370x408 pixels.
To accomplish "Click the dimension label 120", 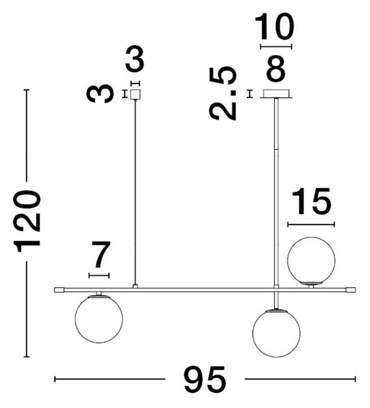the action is pos(27,222).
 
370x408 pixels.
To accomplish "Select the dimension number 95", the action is pos(205,379).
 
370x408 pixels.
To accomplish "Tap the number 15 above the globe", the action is pos(312,201).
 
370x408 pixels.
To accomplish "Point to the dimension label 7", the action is pos(101,254).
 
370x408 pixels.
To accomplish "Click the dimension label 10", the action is pos(274,27).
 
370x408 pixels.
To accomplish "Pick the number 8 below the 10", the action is pos(276,69).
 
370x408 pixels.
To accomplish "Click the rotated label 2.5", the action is pos(223,93).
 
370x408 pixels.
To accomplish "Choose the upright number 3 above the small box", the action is pos(135,59).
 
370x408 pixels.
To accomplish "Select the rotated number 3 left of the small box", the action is pos(100,93).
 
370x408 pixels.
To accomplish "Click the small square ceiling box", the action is pos(135,95).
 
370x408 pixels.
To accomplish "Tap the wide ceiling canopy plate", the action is pos(276,94).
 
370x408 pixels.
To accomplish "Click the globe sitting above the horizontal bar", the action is pos(312,260).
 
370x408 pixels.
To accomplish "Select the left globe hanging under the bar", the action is pos(99,320).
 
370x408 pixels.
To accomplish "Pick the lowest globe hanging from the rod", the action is pos(276,333).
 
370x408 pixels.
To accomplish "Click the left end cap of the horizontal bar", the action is pos(59,290).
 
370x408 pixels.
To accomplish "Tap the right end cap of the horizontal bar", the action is pos(351,290).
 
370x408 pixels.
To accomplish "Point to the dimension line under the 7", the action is pos(99,275).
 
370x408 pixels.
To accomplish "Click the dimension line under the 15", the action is pos(312,224).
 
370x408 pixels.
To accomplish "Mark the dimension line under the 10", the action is pos(276,46).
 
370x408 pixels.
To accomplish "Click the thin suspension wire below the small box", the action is pos(135,192).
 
